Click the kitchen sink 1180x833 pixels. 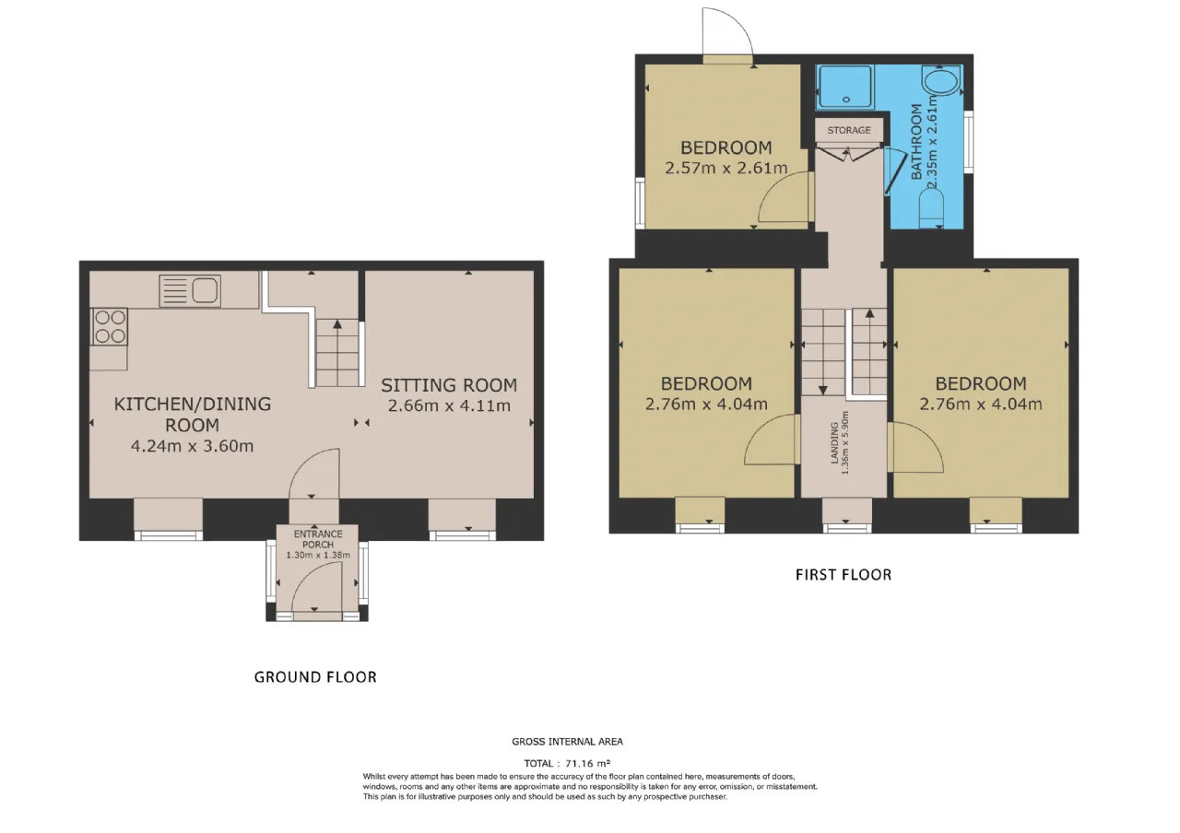tap(190, 290)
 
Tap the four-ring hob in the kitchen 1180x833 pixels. tap(109, 326)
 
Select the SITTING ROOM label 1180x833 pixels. tap(449, 385)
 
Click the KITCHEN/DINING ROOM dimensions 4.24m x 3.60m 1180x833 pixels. tap(193, 446)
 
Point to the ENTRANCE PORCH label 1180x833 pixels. tap(318, 539)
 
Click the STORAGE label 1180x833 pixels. tap(849, 130)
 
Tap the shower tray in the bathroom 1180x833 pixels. tap(844, 88)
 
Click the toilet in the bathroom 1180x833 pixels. tap(931, 209)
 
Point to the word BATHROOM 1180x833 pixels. tap(916, 142)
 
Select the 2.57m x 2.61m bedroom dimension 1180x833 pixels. tap(726, 168)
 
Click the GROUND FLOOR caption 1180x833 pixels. tap(315, 676)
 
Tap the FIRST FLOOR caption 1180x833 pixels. tap(844, 574)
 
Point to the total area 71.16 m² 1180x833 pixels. tap(587, 763)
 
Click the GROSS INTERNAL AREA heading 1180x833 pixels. tap(567, 742)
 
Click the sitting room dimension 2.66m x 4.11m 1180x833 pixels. tap(449, 406)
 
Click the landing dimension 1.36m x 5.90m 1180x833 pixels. tap(845, 443)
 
